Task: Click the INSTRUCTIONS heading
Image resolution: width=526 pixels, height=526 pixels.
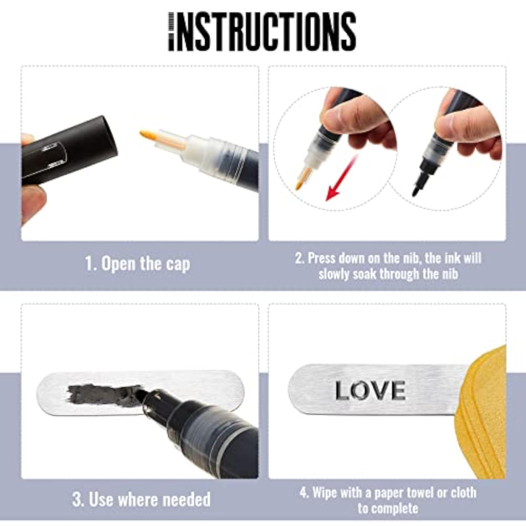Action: (262, 31)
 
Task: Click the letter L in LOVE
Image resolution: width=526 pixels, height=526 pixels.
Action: (343, 390)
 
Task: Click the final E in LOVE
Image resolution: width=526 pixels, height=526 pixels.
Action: (398, 390)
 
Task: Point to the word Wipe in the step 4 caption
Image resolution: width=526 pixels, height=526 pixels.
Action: (325, 493)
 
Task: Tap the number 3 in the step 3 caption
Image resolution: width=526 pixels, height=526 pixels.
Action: (78, 499)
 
